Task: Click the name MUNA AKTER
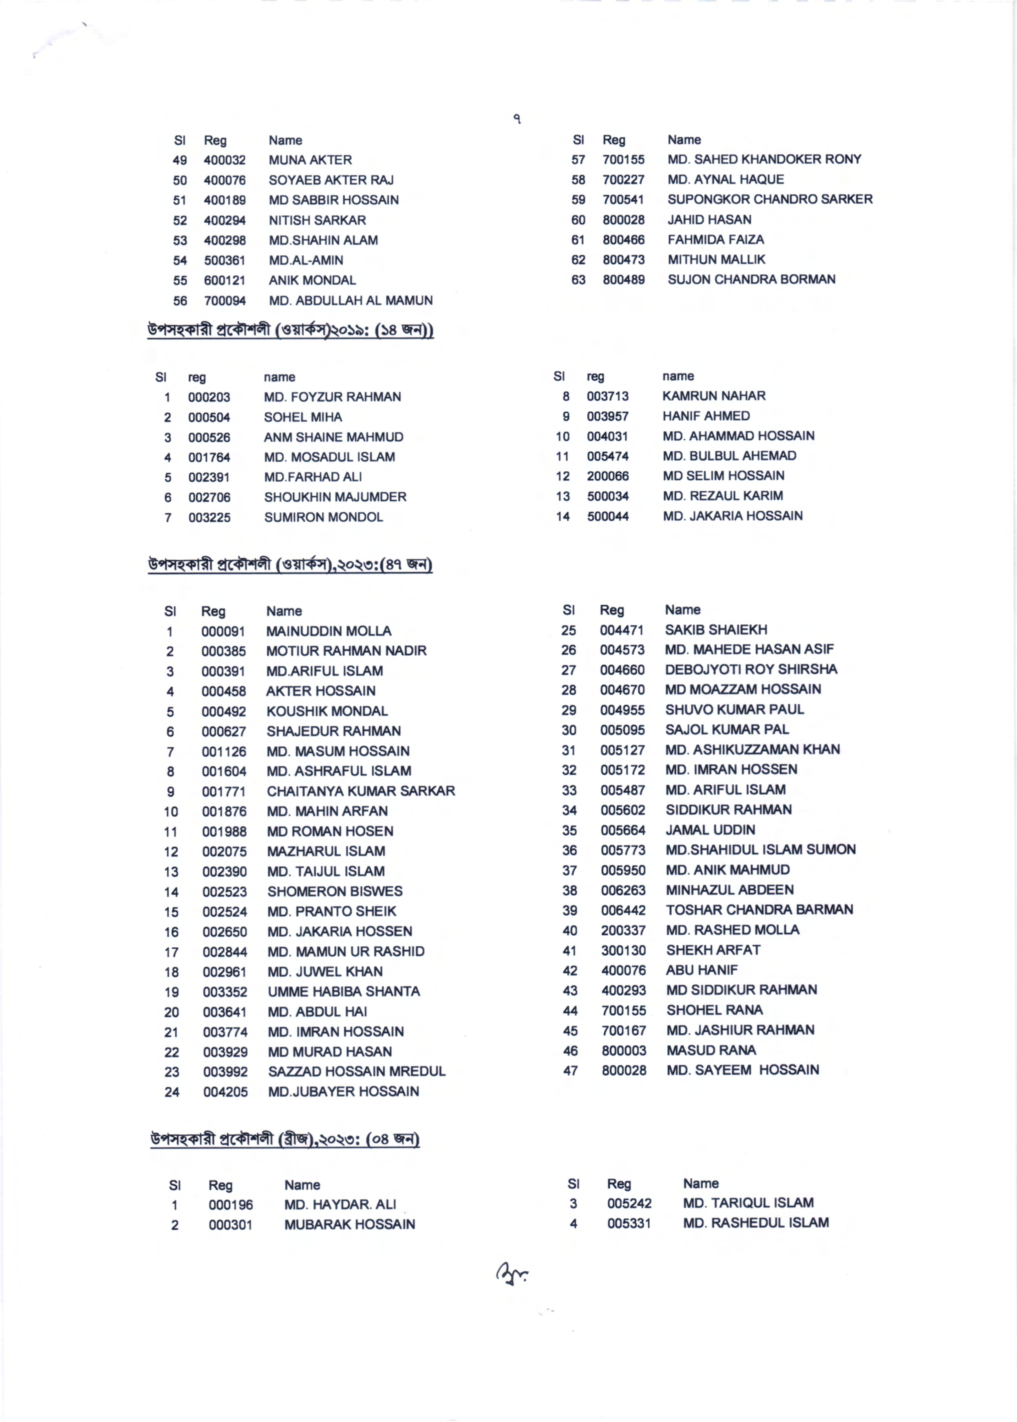[x=310, y=160]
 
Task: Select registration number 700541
[x=623, y=199]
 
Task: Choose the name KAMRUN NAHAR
[x=714, y=396]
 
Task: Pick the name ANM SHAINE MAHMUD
[x=333, y=437]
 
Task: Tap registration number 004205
[x=225, y=1092]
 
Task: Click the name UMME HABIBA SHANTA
[x=344, y=992]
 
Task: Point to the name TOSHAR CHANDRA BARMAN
[x=759, y=910]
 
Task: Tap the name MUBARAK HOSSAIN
[x=349, y=1224]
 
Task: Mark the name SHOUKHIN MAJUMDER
[x=335, y=497]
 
